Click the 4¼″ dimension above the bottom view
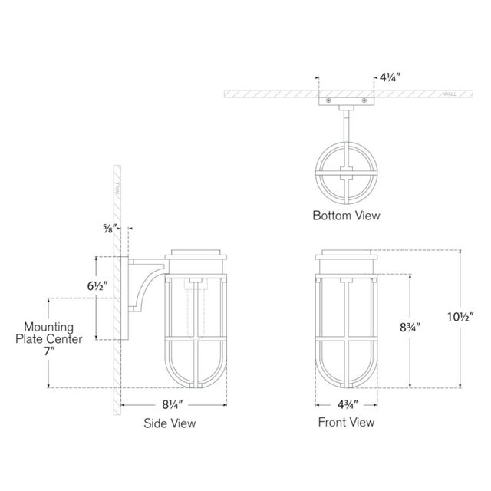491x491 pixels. click(x=390, y=77)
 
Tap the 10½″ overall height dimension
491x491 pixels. click(x=460, y=317)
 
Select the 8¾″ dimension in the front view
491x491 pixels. click(x=410, y=328)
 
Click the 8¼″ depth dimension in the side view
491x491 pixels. click(x=172, y=404)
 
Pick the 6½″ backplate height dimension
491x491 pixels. click(x=97, y=286)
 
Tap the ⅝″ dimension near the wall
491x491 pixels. click(x=110, y=229)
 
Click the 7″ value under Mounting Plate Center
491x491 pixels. click(x=49, y=351)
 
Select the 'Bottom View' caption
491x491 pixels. click(x=346, y=216)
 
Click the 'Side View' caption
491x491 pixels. click(x=170, y=423)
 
